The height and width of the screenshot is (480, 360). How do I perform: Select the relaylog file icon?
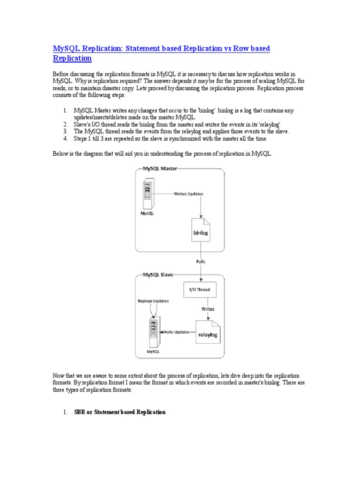coord(208,332)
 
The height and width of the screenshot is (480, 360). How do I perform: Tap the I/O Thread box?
coord(200,290)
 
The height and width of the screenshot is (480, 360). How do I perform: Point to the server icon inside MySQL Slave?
coord(153,331)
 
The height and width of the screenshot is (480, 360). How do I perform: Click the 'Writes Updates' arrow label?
coord(188,193)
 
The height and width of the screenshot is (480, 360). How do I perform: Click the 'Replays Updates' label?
coord(153,300)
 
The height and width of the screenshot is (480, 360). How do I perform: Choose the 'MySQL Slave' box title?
coord(158,275)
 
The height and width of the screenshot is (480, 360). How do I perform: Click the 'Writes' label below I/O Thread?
coord(208,309)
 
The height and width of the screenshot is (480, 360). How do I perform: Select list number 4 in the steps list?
coord(66,139)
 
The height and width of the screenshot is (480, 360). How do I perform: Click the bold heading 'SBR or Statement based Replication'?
coord(120,412)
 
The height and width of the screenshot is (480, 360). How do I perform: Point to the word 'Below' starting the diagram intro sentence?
coord(60,154)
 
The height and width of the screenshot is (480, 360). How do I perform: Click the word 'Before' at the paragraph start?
coord(61,74)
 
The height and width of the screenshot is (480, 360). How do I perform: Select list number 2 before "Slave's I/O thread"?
coord(66,124)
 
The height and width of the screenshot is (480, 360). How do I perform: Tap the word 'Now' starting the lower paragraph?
coord(58,376)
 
